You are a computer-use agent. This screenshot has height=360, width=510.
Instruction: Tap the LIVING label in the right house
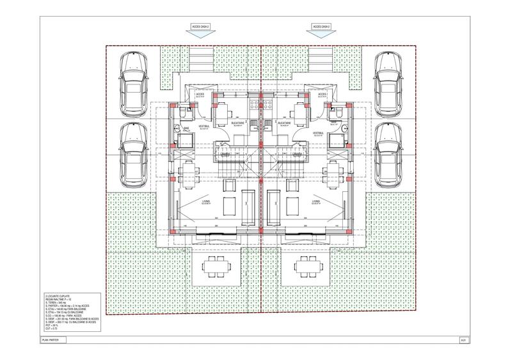coord(315,202)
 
